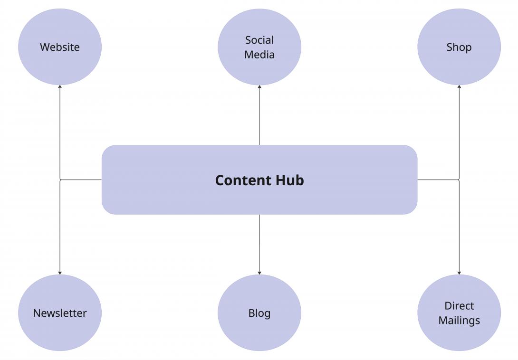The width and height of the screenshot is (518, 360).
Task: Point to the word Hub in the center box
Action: (x=289, y=180)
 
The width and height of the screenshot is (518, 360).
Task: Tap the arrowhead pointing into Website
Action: (x=60, y=87)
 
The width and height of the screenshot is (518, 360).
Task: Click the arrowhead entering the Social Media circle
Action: (x=259, y=87)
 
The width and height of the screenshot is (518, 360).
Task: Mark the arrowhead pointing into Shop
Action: (x=459, y=87)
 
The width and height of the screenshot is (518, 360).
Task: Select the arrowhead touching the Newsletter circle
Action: (x=60, y=273)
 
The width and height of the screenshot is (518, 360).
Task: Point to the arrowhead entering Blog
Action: (x=259, y=273)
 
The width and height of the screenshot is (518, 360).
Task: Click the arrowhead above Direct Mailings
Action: (x=459, y=273)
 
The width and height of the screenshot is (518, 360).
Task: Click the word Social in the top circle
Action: (x=259, y=40)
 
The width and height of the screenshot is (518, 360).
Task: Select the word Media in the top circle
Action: (x=259, y=55)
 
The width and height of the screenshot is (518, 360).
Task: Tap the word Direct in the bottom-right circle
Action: (x=459, y=306)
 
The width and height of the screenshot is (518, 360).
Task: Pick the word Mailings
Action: (x=459, y=321)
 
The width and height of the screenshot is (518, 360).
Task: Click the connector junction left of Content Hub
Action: (x=60, y=180)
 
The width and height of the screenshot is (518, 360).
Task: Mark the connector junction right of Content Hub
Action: (x=459, y=180)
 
